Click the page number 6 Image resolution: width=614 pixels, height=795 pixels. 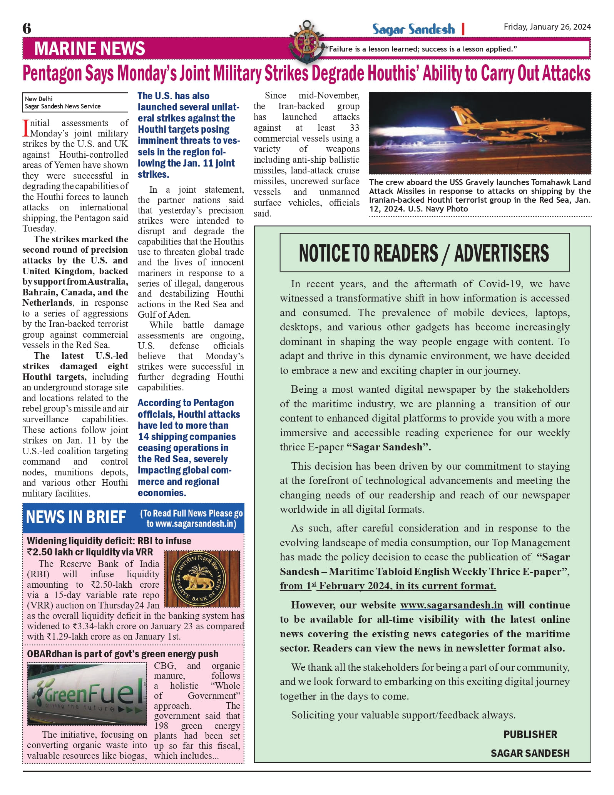(x=27, y=28)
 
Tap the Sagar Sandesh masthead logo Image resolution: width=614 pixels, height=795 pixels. (x=413, y=29)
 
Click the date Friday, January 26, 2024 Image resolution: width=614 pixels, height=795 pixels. (x=547, y=27)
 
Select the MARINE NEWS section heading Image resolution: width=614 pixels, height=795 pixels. (x=89, y=48)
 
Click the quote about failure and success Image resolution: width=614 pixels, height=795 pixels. (x=421, y=49)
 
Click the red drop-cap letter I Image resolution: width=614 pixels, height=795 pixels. (x=26, y=128)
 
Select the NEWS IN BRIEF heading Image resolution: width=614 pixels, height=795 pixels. (x=76, y=517)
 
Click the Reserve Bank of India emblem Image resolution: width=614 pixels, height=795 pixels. (x=202, y=579)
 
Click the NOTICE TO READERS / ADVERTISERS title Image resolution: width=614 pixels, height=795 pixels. (x=424, y=253)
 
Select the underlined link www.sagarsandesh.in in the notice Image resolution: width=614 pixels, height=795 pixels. (x=451, y=605)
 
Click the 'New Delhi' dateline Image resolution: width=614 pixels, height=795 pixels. (x=39, y=99)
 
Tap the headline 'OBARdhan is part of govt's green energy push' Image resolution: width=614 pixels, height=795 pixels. (x=122, y=654)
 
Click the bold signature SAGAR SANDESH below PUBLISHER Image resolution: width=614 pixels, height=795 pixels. (x=530, y=753)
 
